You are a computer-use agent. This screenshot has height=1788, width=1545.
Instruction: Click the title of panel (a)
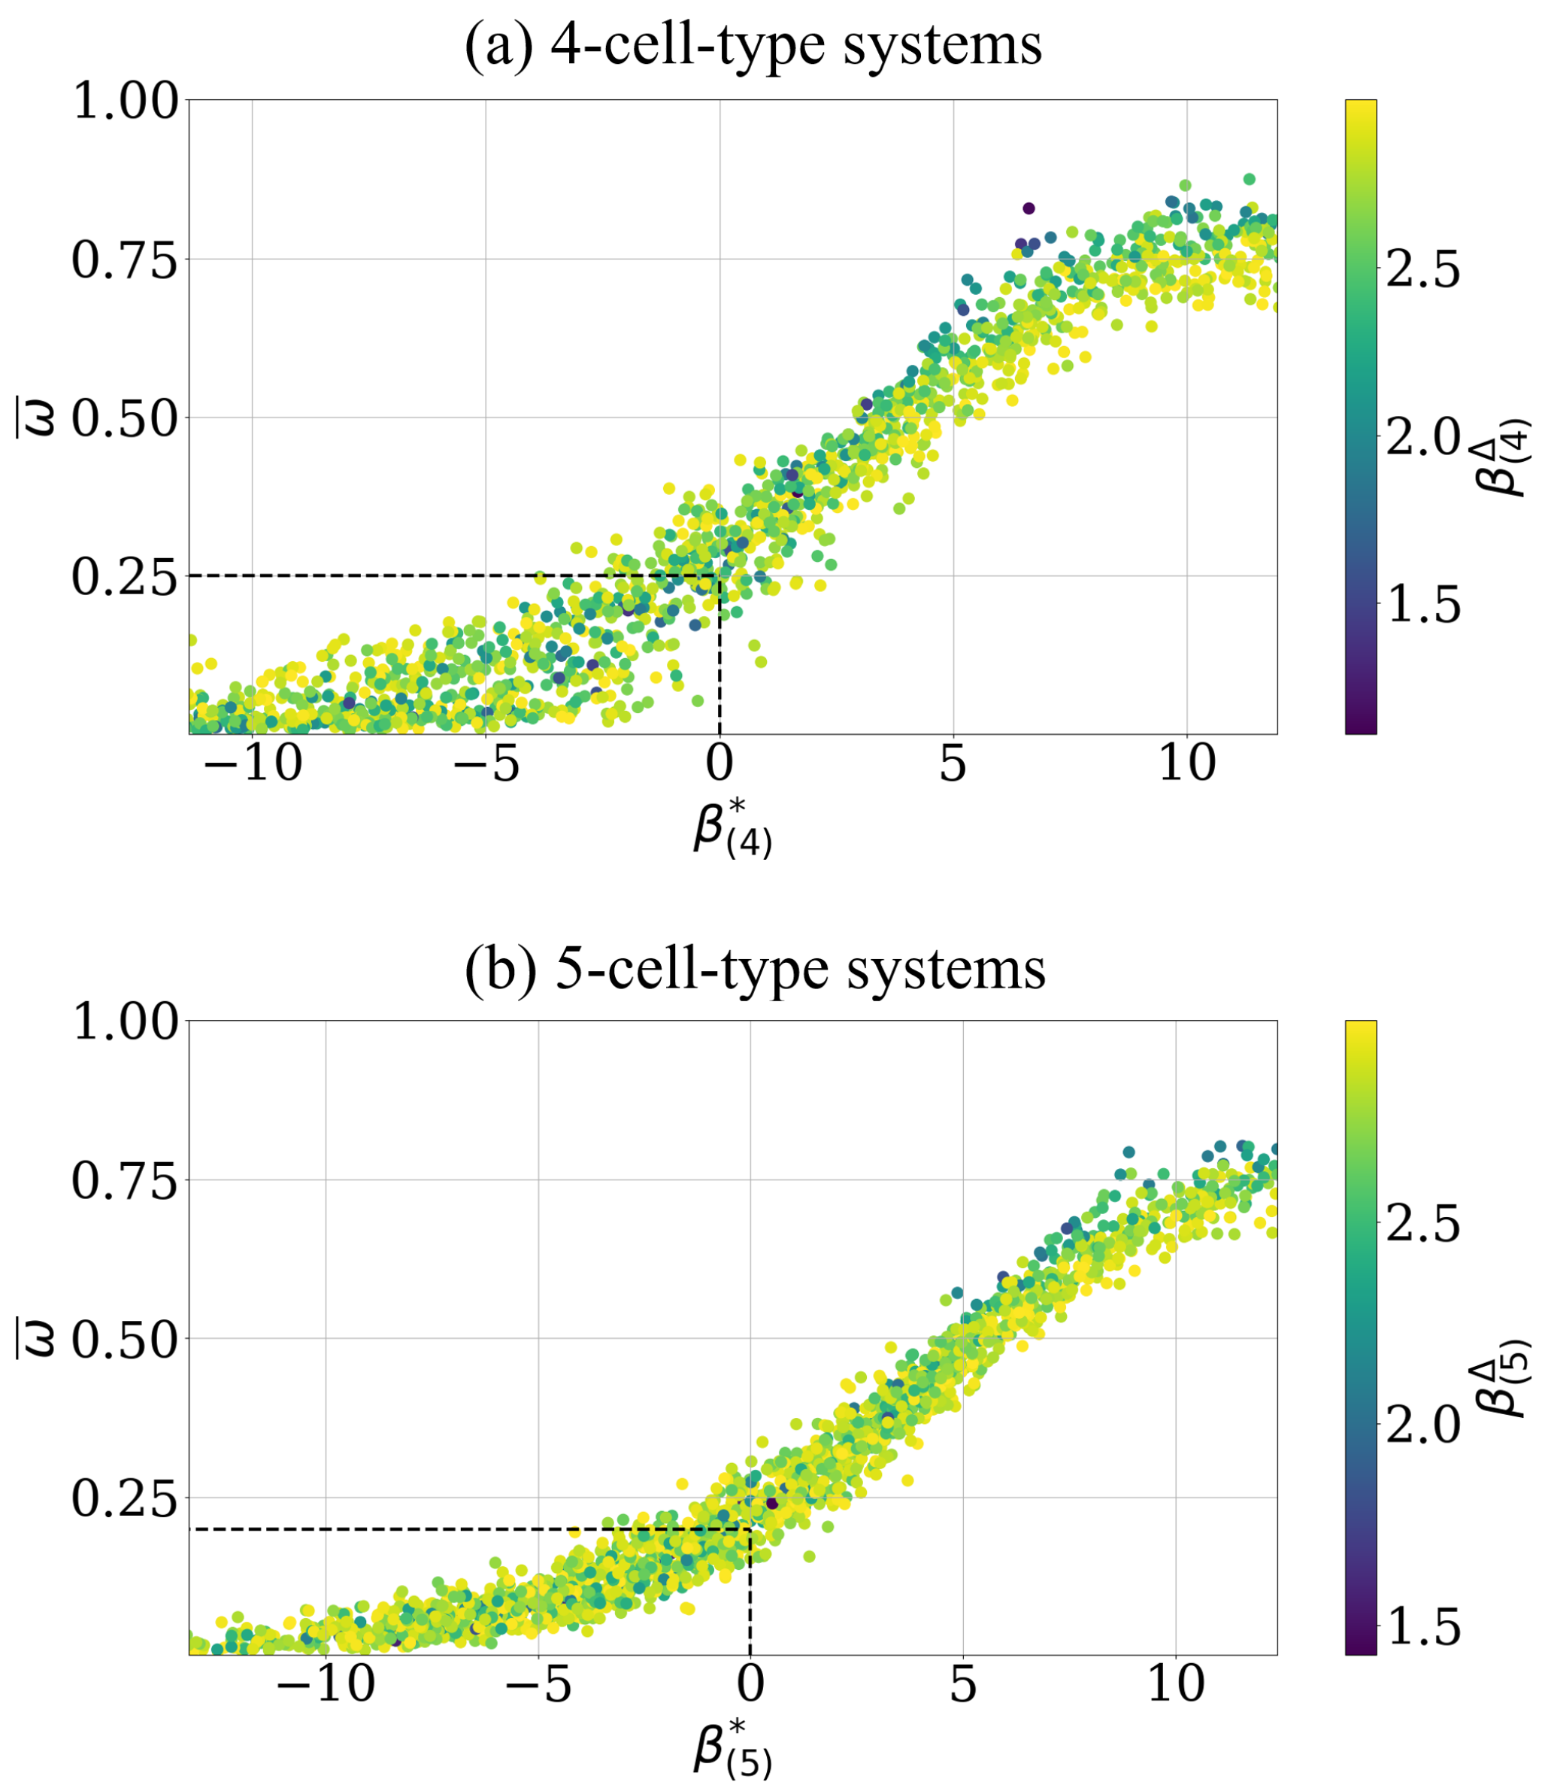753,45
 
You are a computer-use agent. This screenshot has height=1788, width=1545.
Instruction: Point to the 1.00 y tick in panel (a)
124,101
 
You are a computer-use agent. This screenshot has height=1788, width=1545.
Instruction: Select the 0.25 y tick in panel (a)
124,577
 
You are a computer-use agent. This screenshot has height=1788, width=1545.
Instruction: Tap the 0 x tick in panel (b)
750,1684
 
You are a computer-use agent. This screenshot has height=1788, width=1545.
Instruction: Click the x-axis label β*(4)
732,830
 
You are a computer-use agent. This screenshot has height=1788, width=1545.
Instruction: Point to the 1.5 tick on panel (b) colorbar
1423,1628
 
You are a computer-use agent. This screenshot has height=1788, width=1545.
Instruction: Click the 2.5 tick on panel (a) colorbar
1423,269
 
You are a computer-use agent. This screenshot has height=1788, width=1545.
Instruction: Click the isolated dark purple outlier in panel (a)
1028,208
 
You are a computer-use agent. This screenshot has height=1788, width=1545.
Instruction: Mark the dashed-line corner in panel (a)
719,575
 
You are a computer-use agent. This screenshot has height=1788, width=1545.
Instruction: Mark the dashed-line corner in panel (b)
750,1529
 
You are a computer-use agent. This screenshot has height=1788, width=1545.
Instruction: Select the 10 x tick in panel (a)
1187,763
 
